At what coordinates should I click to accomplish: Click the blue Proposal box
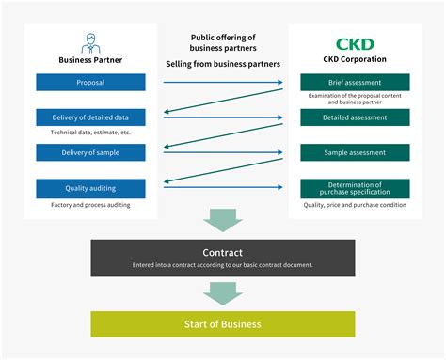tap(91, 83)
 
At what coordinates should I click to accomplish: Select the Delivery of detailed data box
tap(91, 117)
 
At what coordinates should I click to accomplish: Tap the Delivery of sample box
tap(91, 152)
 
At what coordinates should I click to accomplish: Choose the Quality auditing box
tap(91, 188)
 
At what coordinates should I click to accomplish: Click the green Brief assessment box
tap(355, 83)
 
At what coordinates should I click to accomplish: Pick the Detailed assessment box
tap(355, 117)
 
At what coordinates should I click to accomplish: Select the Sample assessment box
tap(355, 152)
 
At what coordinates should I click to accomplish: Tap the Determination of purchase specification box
tap(355, 188)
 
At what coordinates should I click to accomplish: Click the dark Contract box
tap(223, 258)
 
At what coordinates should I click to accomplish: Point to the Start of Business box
tap(223, 324)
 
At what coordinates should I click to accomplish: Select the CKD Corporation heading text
tap(355, 59)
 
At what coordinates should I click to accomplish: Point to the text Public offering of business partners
tap(223, 43)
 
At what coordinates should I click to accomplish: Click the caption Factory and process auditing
tap(91, 204)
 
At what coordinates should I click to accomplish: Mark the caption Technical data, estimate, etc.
tap(91, 133)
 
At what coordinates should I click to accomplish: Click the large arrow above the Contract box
tap(223, 221)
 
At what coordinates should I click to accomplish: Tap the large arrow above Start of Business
tap(223, 291)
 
